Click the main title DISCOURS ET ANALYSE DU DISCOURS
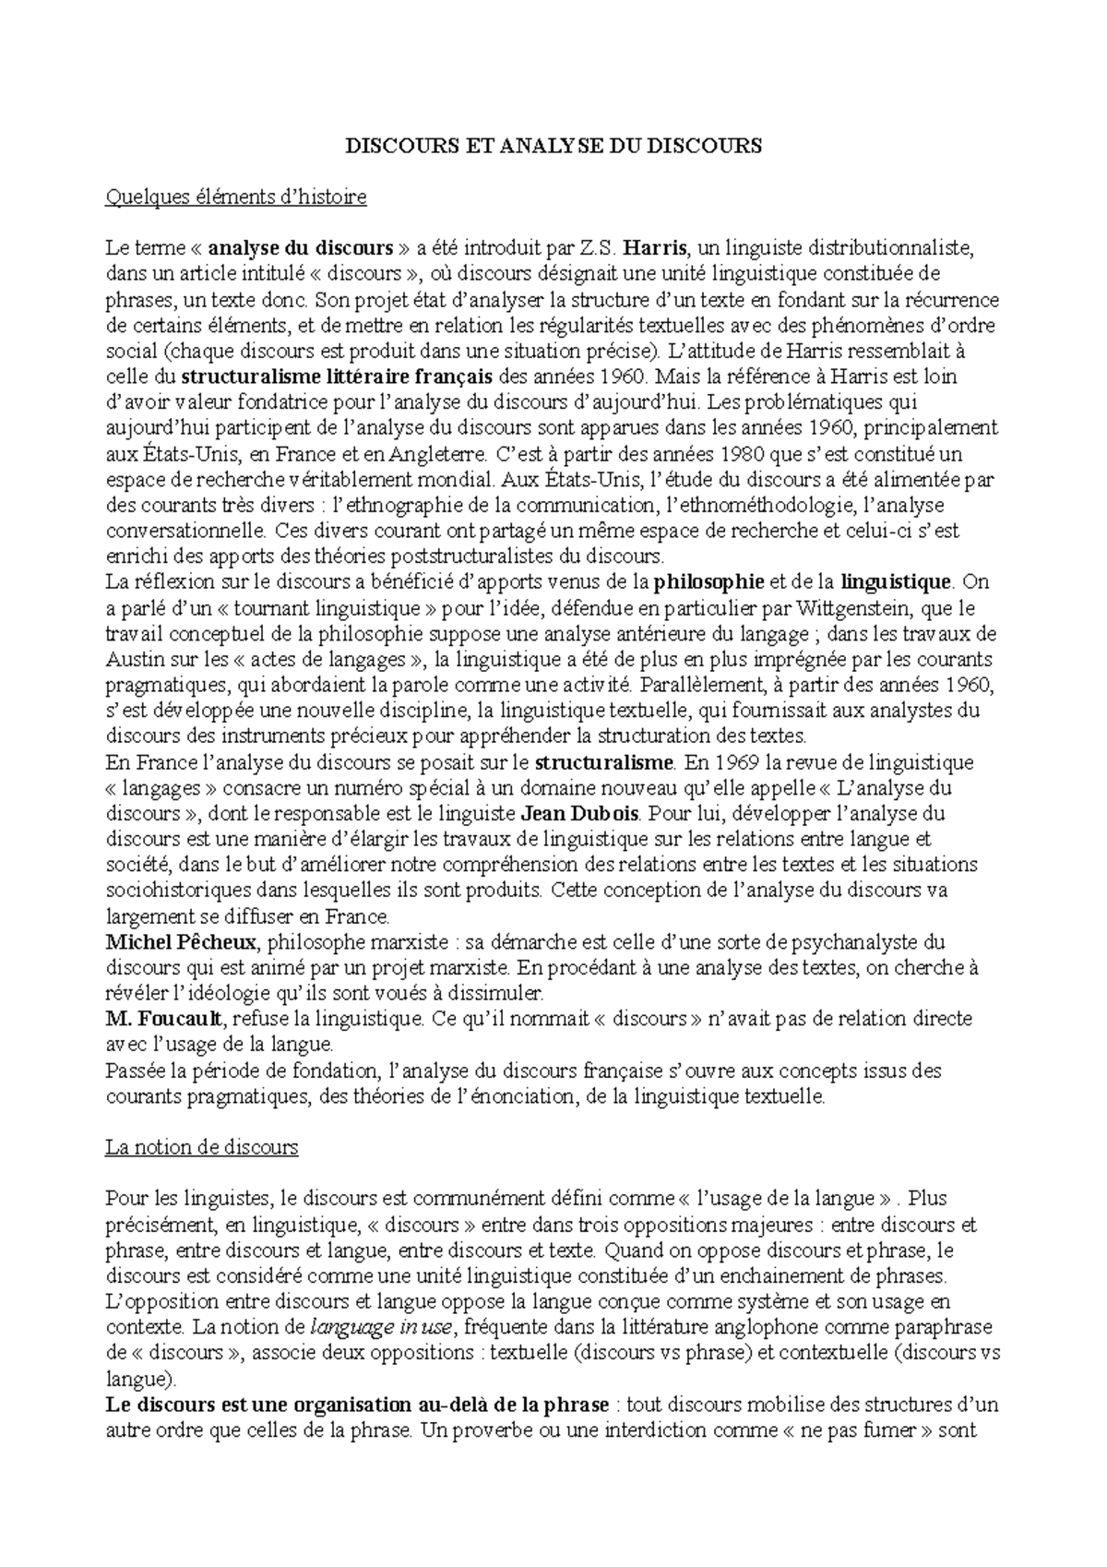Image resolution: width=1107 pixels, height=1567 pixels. click(x=553, y=146)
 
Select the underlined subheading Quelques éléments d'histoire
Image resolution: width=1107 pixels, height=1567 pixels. click(x=236, y=197)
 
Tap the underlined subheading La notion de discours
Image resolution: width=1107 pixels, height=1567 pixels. click(x=202, y=1148)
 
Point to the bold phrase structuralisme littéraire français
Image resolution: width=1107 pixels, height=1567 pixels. click(x=338, y=377)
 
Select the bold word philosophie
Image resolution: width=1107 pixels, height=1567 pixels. click(x=708, y=582)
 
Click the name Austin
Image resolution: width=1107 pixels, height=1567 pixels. click(x=131, y=660)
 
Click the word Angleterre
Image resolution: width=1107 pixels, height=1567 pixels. click(x=436, y=454)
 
